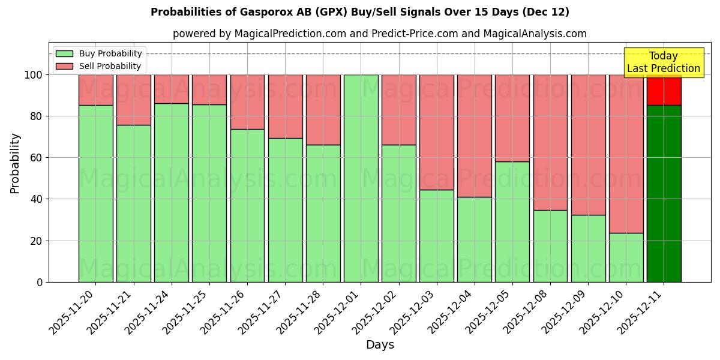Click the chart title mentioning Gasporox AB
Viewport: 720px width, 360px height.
360,12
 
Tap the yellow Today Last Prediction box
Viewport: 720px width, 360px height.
663,62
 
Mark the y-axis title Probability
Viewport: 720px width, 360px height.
15,163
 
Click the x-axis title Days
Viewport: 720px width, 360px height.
380,345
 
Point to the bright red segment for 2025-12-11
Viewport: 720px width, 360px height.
664,90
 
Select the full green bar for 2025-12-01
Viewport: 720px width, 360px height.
361,178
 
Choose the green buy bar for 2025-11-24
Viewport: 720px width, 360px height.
172,193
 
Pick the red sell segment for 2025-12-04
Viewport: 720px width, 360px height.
475,136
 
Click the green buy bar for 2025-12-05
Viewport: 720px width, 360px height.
512,221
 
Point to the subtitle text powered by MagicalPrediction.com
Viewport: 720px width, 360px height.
380,34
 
